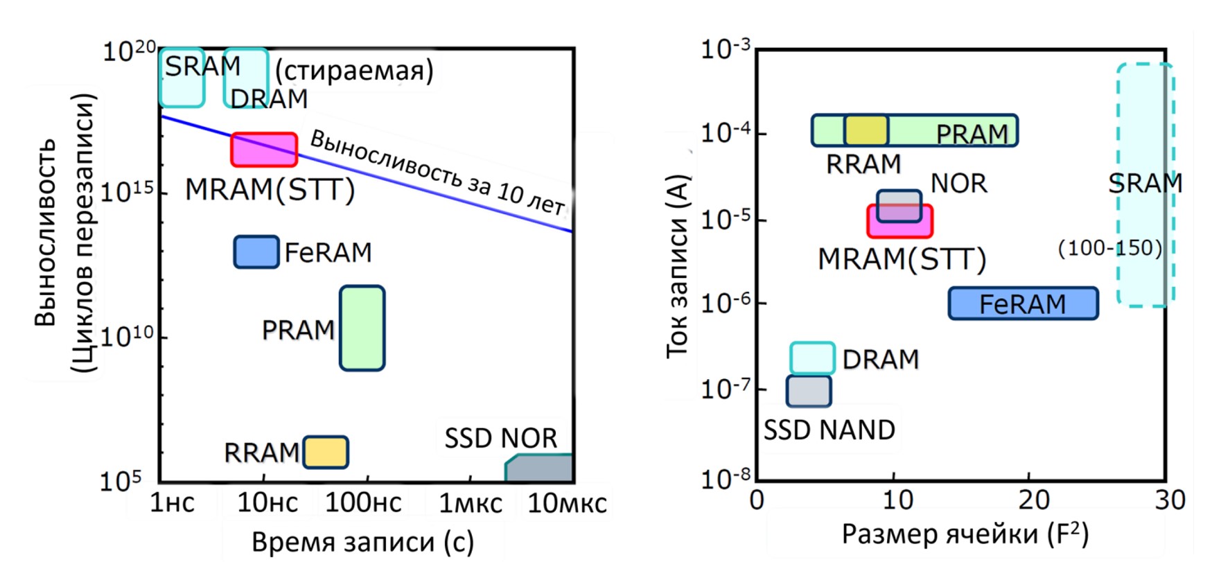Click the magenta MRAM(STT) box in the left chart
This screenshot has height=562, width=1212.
[264, 150]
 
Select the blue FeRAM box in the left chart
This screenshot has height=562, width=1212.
[256, 252]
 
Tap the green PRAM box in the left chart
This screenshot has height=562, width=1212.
[362, 328]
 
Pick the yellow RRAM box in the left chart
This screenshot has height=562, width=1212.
[326, 452]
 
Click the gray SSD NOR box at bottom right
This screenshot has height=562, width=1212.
[540, 468]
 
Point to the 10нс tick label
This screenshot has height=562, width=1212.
[267, 503]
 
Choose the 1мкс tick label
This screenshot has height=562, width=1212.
[471, 503]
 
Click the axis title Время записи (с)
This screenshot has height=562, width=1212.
[362, 542]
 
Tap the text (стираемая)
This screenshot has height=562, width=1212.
[354, 70]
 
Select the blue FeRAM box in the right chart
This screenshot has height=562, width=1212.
[1024, 304]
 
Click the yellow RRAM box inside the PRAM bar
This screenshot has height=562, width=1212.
[866, 130]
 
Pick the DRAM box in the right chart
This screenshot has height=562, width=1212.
[812, 358]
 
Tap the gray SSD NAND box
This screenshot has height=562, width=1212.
[809, 391]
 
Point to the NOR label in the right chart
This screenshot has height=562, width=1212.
[958, 184]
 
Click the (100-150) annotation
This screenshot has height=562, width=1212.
[1109, 248]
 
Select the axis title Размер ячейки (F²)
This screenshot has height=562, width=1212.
[965, 534]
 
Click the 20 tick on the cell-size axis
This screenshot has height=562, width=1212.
[1029, 500]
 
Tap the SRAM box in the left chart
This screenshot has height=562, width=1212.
[182, 78]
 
